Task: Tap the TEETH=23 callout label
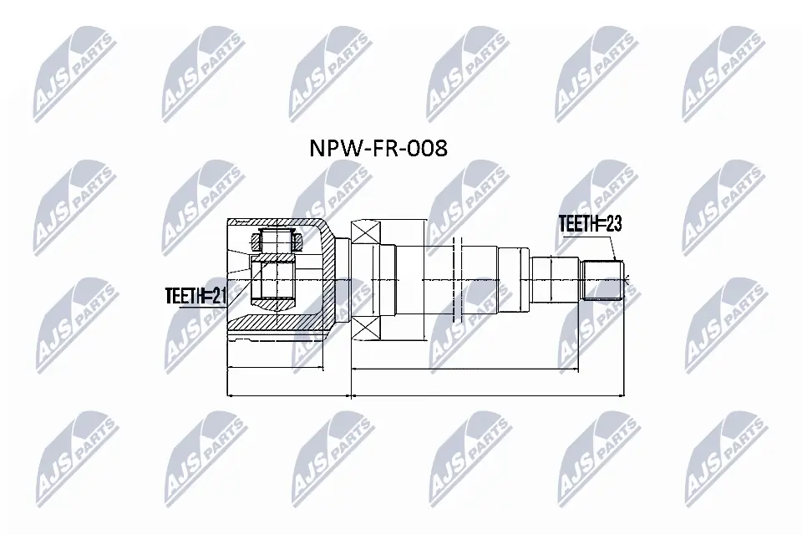591,224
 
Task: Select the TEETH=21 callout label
195,294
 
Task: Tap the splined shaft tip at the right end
603,279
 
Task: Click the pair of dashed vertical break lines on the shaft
456,279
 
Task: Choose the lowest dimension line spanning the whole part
426,395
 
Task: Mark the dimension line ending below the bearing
489,368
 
